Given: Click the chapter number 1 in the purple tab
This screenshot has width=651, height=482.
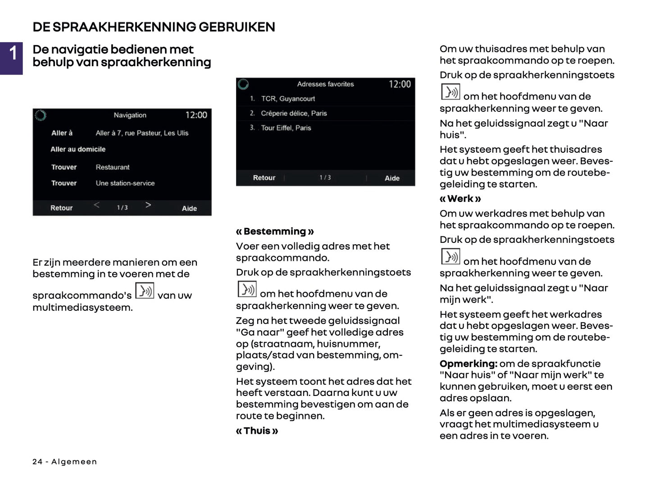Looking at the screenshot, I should (x=13, y=53).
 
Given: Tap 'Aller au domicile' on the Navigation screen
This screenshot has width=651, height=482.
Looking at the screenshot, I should (x=78, y=149).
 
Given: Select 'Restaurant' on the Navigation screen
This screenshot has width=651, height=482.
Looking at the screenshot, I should (x=112, y=167).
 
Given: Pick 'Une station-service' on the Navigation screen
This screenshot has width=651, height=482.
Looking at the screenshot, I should (x=125, y=183).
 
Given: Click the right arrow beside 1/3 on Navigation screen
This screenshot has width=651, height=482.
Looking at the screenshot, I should (x=148, y=205).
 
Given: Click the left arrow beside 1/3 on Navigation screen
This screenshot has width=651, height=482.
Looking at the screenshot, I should (x=96, y=205).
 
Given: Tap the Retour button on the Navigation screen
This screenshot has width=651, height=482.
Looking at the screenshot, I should (x=61, y=208).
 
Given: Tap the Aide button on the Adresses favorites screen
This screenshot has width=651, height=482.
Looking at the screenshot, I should (x=392, y=178).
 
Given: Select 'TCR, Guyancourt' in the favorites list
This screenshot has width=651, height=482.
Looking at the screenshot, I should (x=288, y=99).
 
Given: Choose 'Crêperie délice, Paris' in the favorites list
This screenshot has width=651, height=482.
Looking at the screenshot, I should (x=294, y=114).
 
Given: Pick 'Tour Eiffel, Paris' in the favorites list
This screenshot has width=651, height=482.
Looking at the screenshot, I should (x=286, y=128).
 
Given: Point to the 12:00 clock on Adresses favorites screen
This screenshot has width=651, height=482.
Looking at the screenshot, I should (x=400, y=84).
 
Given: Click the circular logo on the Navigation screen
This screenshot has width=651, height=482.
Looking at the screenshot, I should (x=41, y=115).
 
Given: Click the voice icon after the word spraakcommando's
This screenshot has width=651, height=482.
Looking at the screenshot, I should (x=145, y=291).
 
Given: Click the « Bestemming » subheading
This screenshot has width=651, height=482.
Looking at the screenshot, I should (x=275, y=232).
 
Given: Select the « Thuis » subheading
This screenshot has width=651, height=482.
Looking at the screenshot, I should (x=257, y=431).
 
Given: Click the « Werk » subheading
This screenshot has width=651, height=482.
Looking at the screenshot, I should (x=460, y=199).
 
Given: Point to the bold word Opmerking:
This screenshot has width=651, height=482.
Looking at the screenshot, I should (x=468, y=364).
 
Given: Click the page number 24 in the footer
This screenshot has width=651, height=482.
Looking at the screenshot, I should (x=37, y=462).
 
